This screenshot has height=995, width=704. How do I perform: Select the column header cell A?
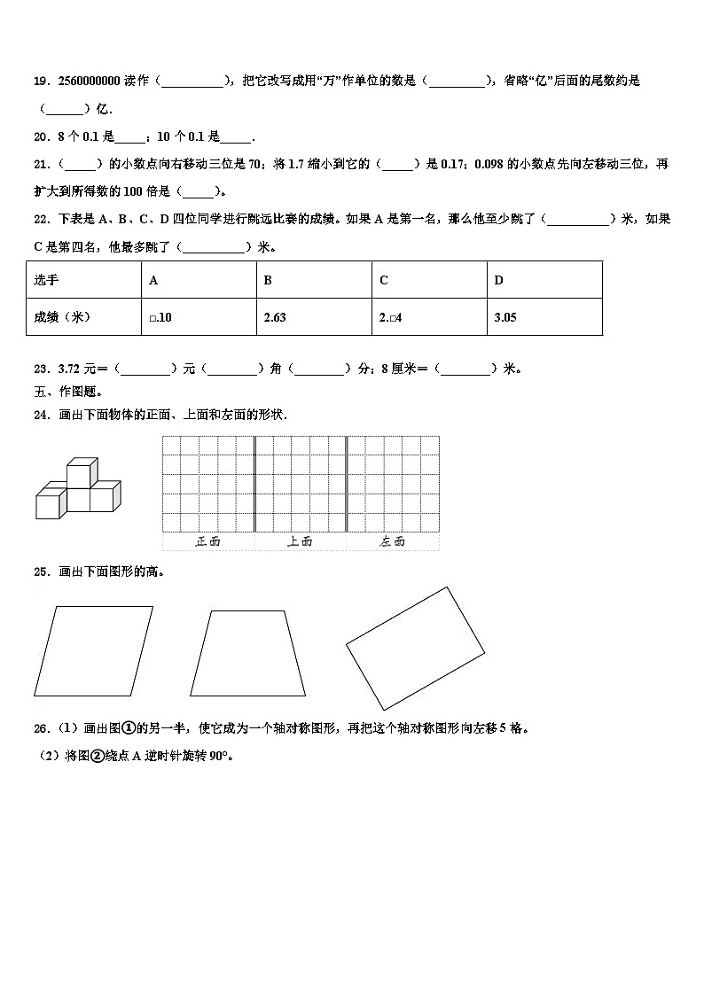click(154, 280)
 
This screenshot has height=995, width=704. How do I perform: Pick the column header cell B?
click(268, 280)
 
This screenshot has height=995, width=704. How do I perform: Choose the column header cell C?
click(384, 280)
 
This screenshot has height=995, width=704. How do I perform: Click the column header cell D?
click(498, 280)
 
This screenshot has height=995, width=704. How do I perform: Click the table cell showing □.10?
click(160, 317)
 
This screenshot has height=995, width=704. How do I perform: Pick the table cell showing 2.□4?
click(391, 317)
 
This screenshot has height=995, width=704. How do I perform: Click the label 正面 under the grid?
click(207, 541)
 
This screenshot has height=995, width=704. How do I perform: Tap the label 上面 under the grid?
click(300, 541)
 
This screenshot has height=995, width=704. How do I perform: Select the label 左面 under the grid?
click(392, 541)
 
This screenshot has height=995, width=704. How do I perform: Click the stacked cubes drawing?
click(78, 490)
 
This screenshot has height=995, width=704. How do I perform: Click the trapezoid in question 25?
click(247, 653)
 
